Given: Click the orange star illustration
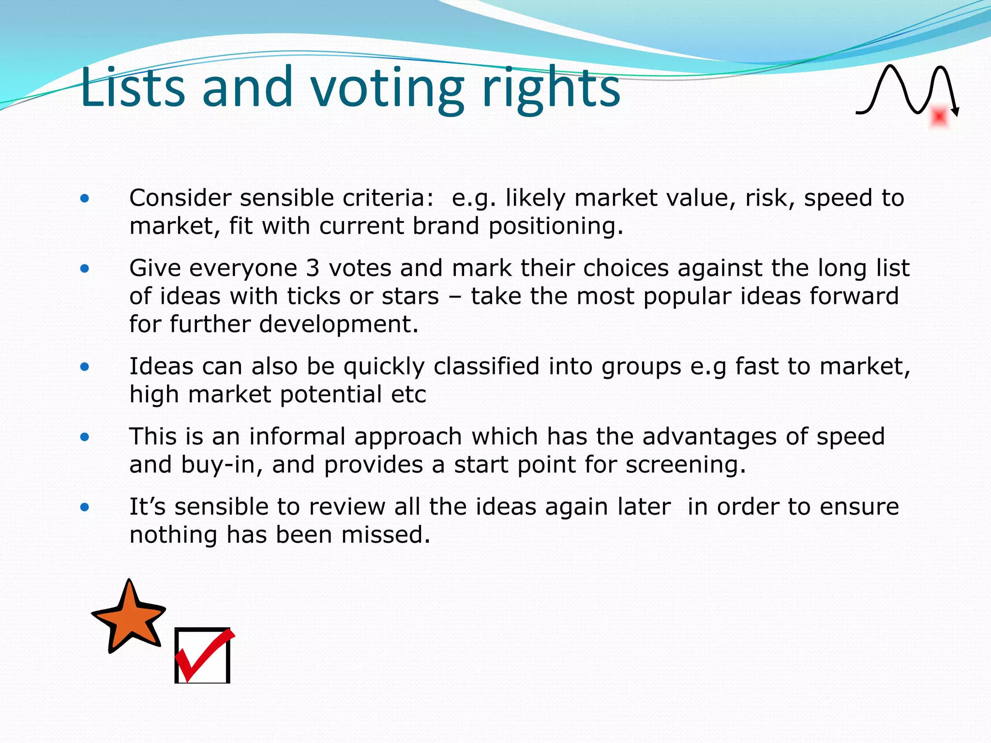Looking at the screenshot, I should (129, 617).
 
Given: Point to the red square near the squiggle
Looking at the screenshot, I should (939, 117).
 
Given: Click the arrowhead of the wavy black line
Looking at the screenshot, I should (955, 112).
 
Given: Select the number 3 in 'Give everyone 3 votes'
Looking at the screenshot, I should (313, 268).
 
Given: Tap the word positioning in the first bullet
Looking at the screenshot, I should (556, 226).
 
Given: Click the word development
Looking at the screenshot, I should (338, 324).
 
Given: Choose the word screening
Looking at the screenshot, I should (685, 465).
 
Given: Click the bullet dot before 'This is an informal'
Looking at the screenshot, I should (85, 437).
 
